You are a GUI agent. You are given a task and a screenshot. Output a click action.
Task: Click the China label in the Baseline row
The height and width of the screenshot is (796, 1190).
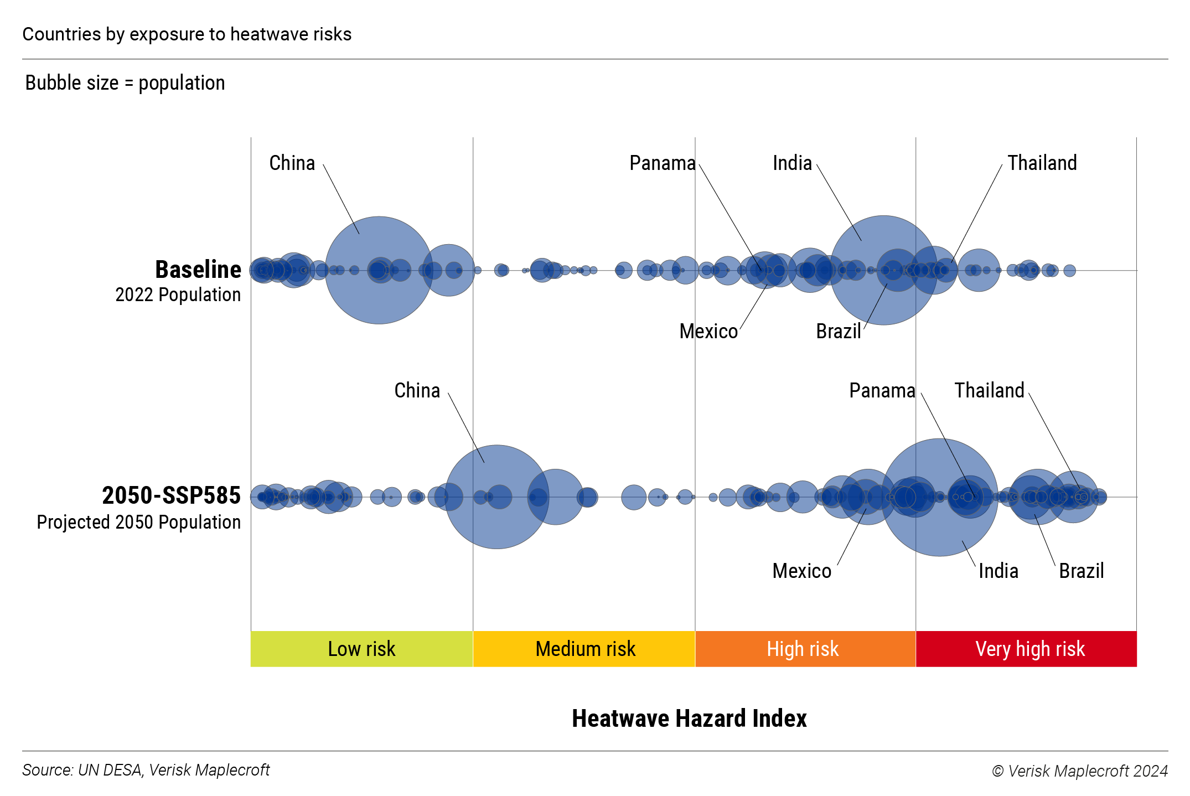(292, 163)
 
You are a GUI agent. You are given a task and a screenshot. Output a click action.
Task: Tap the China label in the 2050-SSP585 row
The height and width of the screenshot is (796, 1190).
(417, 391)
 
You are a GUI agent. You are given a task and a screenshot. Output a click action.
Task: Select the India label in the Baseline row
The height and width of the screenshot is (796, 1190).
(792, 163)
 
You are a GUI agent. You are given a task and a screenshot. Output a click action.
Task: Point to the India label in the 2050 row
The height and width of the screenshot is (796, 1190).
(998, 571)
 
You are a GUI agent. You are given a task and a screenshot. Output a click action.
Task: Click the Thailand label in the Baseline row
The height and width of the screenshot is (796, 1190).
(1042, 163)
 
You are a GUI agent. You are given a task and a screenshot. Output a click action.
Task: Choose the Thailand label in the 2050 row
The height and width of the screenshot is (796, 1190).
(989, 391)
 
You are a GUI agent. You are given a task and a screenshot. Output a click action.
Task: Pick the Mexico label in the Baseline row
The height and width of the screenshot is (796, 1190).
(708, 332)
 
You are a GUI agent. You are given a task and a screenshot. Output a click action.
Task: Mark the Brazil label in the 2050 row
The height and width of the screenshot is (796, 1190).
(1081, 571)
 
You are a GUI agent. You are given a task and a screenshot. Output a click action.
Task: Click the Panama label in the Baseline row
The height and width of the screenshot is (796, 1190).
(662, 163)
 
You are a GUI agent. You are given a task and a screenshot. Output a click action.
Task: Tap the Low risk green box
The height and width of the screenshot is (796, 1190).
(361, 649)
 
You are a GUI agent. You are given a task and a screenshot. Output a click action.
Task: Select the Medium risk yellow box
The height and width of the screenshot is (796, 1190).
(584, 649)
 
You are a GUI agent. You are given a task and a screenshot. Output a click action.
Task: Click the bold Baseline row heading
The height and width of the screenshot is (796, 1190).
(198, 270)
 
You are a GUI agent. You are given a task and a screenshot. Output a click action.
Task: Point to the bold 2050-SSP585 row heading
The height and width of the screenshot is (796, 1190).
(171, 495)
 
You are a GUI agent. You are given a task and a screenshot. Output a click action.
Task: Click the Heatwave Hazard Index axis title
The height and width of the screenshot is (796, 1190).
(689, 719)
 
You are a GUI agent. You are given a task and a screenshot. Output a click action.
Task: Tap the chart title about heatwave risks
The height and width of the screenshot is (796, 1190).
(187, 34)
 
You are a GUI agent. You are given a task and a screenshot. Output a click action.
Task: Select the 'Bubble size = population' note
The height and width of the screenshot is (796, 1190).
(125, 83)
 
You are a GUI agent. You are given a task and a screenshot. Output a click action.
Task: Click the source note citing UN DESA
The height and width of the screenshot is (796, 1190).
(146, 770)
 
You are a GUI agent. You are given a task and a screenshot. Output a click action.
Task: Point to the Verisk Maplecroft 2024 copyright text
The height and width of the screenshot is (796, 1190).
(1080, 771)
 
